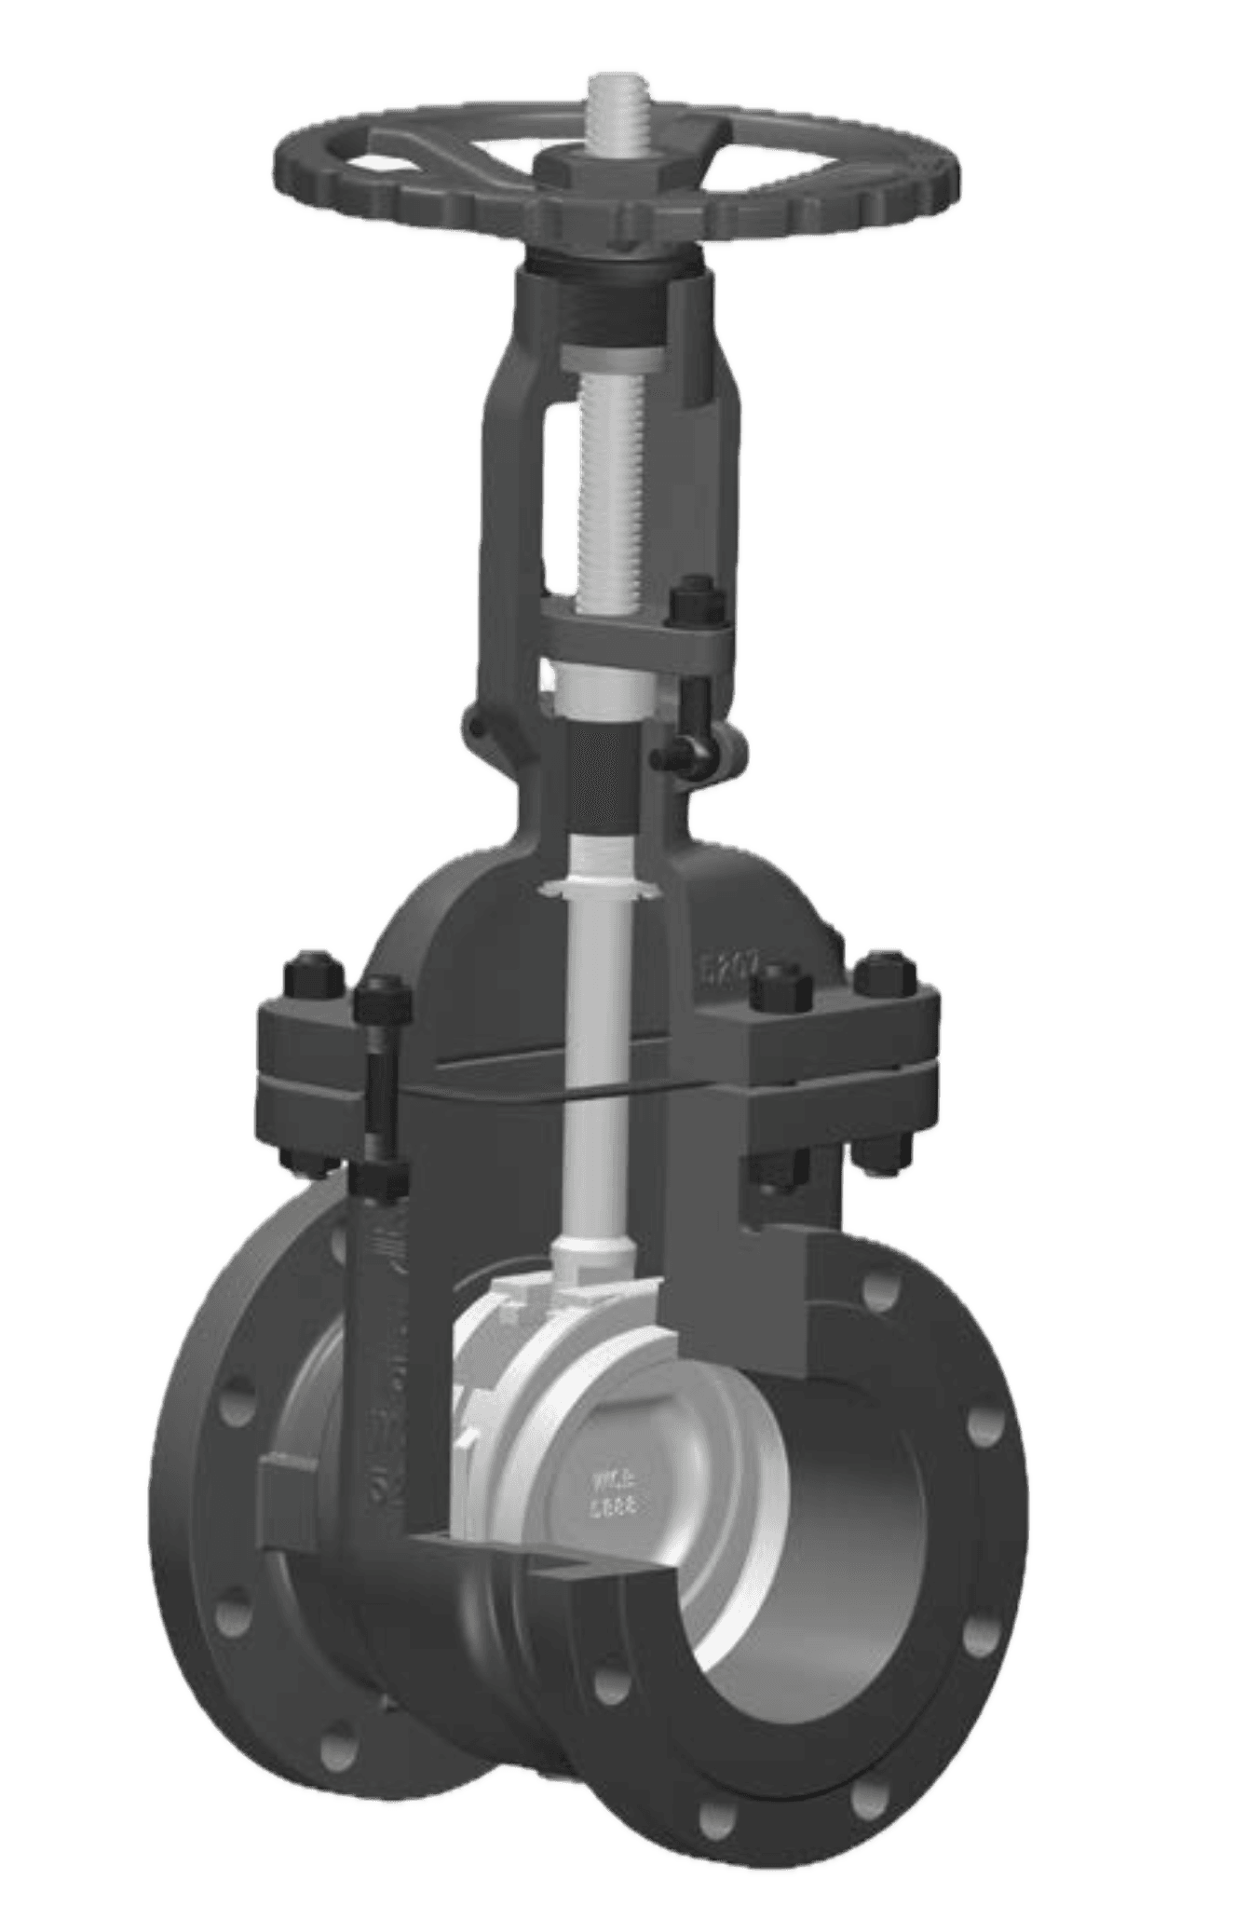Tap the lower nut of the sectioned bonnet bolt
click(383, 1179)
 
